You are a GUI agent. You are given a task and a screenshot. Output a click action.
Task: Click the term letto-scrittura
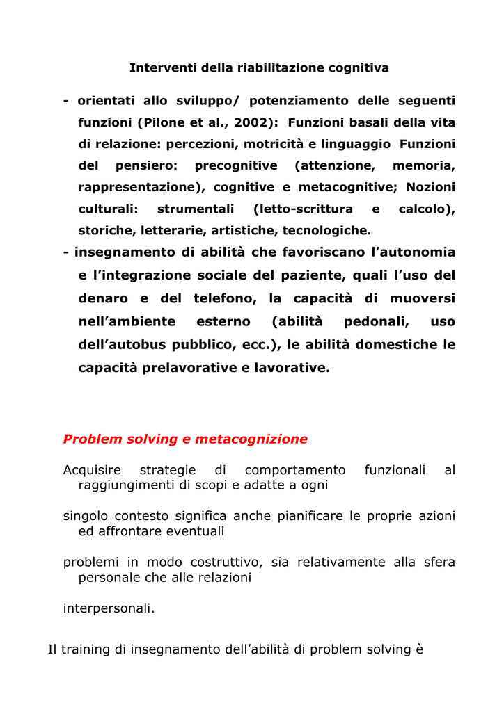point(303,209)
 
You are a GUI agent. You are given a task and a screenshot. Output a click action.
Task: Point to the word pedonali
point(376,321)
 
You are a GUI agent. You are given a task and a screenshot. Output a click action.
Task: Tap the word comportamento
point(295,470)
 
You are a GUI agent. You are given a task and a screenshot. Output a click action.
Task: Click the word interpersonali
point(109,608)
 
